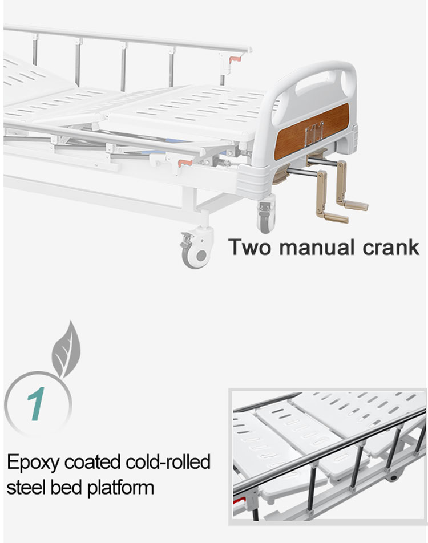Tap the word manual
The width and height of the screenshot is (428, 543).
[317, 248]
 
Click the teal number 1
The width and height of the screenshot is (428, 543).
[37, 403]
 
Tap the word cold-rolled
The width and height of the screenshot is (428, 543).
[168, 461]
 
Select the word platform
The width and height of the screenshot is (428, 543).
[120, 488]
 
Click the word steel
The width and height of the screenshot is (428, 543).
[27, 487]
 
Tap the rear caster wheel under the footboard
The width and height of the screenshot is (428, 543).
[266, 216]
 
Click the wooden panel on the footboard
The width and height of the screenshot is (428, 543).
[311, 132]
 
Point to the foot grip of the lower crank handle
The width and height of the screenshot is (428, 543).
[333, 218]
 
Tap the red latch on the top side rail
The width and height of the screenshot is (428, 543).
[235, 59]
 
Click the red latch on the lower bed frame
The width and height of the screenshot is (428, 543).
[185, 163]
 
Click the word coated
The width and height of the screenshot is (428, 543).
[92, 462]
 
